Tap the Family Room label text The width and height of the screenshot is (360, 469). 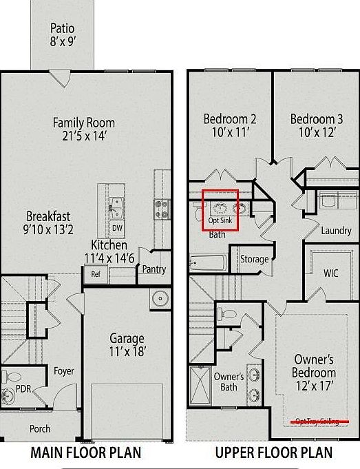click(84, 129)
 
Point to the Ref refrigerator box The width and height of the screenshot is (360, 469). click(96, 273)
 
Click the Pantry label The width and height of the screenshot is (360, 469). click(153, 269)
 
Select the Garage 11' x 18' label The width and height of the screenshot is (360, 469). click(127, 345)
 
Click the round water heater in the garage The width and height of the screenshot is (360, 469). click(160, 299)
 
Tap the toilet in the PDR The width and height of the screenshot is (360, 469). click(9, 377)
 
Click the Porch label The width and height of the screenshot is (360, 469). click(40, 428)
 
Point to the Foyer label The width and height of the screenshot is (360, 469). click(63, 371)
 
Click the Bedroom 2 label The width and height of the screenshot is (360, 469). click(230, 125)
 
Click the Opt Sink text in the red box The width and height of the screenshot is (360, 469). click(220, 220)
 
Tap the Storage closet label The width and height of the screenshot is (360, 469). click(254, 260)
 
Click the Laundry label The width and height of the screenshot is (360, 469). click(336, 231)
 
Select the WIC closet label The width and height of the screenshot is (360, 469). click(331, 273)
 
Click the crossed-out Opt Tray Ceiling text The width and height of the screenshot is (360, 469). click(317, 420)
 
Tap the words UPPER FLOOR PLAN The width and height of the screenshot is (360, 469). click(273, 452)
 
